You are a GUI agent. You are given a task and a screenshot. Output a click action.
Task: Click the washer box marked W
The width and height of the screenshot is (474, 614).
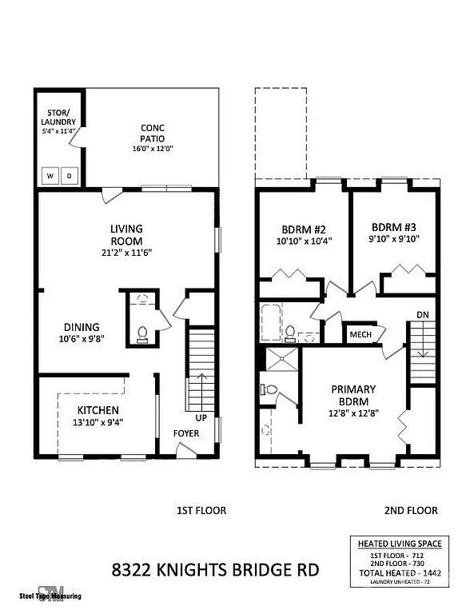(50, 175)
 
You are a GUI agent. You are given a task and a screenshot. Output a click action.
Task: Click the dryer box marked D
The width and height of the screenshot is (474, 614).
(69, 175)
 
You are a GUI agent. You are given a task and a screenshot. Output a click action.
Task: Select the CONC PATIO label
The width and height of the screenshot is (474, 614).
(153, 133)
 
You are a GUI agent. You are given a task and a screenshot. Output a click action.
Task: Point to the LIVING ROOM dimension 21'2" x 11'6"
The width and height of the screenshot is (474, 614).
(125, 252)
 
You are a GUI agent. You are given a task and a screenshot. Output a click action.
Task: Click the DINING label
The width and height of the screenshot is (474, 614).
(82, 326)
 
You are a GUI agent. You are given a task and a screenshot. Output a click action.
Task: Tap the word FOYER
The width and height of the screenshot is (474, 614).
(186, 433)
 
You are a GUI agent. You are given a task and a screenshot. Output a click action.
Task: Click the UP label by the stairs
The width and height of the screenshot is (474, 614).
(201, 417)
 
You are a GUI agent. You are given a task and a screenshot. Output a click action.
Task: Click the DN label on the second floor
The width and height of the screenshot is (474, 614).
(422, 315)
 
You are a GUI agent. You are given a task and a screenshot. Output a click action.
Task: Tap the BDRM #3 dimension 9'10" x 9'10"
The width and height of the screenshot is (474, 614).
(393, 238)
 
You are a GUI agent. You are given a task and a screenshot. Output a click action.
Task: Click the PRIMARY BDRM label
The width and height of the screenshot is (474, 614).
(353, 395)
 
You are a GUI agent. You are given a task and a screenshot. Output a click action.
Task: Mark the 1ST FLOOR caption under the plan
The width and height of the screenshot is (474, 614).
(201, 510)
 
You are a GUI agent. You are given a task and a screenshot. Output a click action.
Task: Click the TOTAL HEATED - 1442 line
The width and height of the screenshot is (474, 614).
(403, 573)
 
